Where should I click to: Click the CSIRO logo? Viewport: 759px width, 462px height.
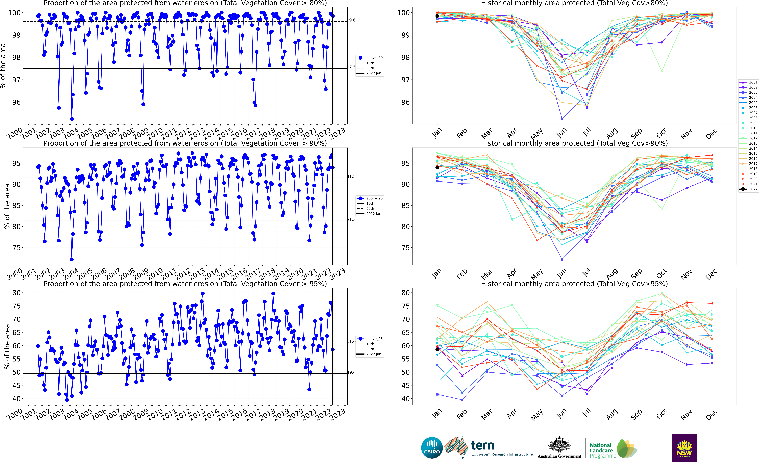(x=432, y=448)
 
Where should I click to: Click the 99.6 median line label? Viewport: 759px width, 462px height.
(x=351, y=20)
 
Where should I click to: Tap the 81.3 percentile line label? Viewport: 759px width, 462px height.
(x=351, y=220)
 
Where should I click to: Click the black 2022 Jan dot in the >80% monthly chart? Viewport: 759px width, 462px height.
(x=437, y=16)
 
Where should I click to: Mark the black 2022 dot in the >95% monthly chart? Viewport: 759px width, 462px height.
(x=437, y=349)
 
